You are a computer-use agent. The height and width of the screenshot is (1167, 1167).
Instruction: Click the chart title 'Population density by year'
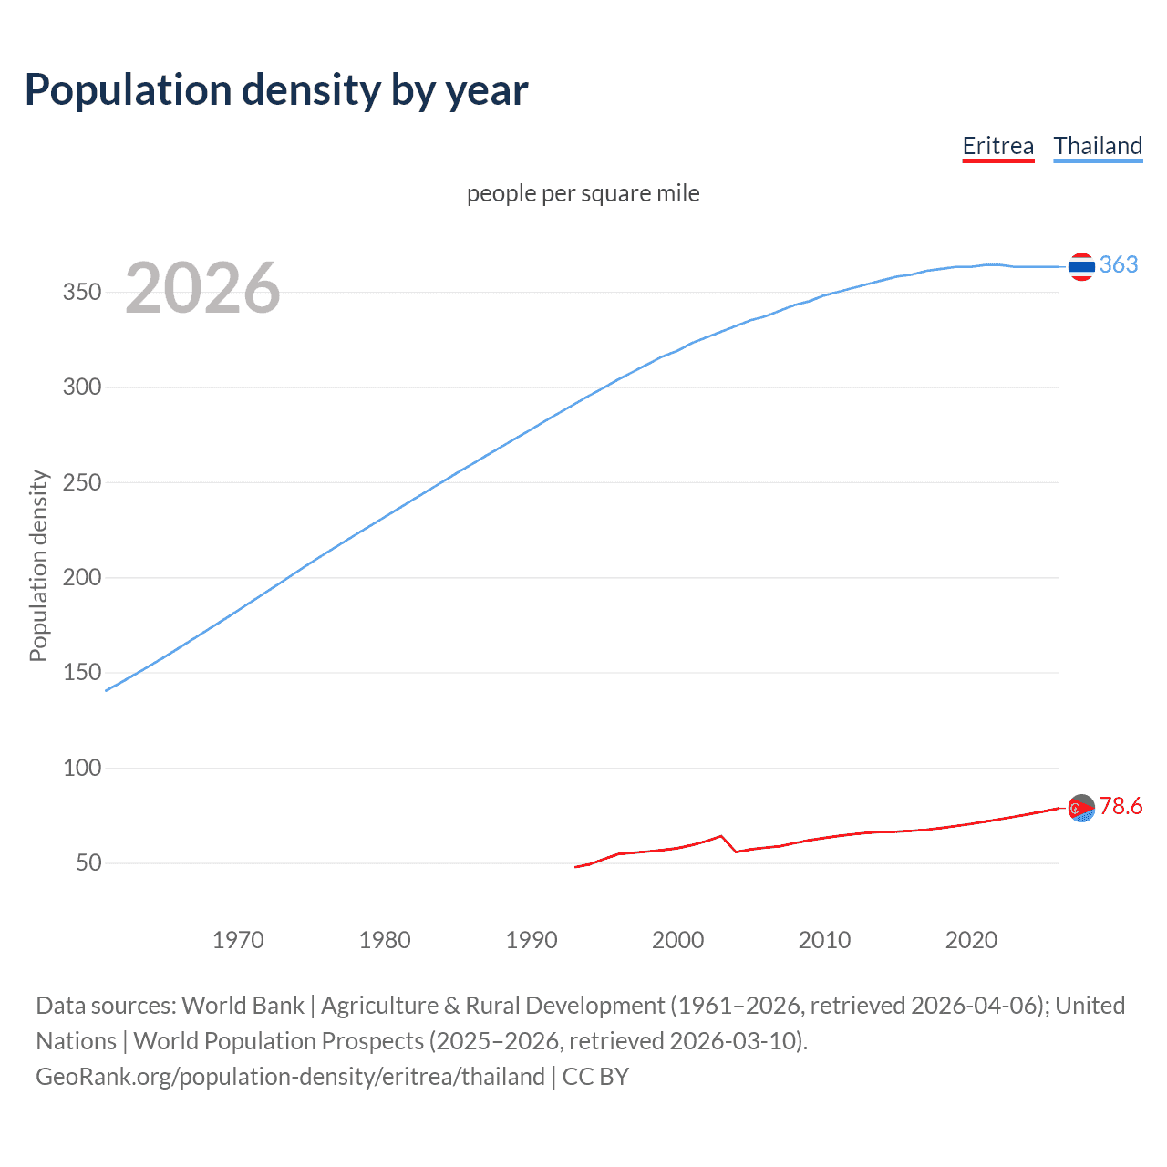(x=276, y=89)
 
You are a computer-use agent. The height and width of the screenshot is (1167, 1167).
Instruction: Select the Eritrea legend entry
(x=997, y=146)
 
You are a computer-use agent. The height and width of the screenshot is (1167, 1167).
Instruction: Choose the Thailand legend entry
(x=1098, y=146)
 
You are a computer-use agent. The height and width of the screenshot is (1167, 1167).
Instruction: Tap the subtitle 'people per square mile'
(x=583, y=193)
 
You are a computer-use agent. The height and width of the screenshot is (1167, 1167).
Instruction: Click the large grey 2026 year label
(x=202, y=288)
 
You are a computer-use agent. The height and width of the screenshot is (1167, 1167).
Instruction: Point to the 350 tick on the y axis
(x=81, y=293)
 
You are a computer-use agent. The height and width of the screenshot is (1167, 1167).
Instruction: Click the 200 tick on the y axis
(x=81, y=577)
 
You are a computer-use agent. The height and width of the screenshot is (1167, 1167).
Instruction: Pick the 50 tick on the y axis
(x=88, y=862)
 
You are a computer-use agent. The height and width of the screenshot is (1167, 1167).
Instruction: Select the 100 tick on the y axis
(x=81, y=768)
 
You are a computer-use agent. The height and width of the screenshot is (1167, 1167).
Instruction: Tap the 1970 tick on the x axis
(x=238, y=940)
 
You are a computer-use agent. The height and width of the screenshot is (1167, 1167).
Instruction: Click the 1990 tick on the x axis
(x=532, y=940)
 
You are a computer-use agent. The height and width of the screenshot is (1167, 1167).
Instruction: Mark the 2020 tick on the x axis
(x=971, y=940)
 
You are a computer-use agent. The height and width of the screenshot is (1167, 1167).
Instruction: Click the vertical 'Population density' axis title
(x=38, y=565)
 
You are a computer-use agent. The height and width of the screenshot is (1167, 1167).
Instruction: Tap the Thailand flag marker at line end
(x=1081, y=266)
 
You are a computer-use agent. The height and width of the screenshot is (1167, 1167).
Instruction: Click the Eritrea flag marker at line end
(x=1081, y=808)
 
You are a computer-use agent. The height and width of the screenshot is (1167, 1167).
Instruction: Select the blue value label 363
(x=1119, y=264)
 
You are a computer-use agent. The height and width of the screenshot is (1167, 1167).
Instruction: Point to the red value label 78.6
(x=1121, y=806)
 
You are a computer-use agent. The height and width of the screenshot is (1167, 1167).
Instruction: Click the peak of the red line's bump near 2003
(x=721, y=835)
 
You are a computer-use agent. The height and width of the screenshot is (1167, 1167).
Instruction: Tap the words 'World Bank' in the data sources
(x=243, y=1006)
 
